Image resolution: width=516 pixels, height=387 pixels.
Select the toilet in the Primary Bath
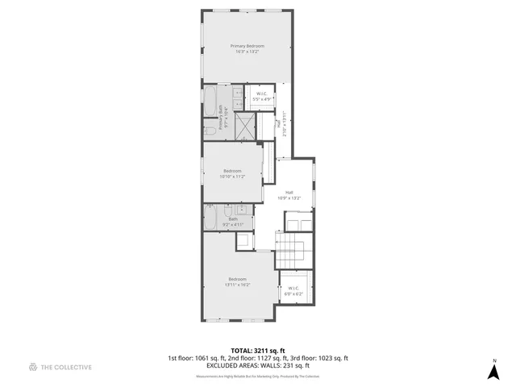(209, 129)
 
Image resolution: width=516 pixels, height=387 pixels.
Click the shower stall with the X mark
(245, 125)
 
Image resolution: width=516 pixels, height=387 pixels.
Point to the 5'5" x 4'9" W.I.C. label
(263, 97)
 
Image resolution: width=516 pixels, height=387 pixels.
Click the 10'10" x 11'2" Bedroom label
(232, 173)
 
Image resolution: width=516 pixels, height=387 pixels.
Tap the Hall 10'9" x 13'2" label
(289, 194)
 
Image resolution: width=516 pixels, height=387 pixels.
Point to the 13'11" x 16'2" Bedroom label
(238, 281)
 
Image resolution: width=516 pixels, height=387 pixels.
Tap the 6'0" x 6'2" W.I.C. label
(292, 291)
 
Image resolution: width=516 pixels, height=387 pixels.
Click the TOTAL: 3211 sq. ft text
(258, 351)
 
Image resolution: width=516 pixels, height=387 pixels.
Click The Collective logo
(60, 367)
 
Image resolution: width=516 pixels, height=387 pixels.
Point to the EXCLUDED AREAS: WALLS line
(258, 365)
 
